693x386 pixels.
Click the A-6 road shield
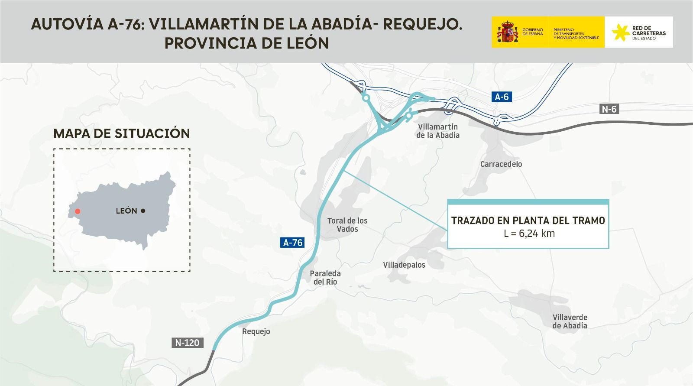pos(502,97)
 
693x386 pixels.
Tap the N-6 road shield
pos(609,109)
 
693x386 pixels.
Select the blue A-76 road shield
pos(293,243)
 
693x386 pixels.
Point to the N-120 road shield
pos(187,343)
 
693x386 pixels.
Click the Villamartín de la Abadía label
pos(438,131)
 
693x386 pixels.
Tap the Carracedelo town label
pos(501,164)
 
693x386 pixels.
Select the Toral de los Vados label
pos(347,224)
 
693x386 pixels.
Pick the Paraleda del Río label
pos(325,277)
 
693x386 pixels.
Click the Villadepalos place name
pos(404,265)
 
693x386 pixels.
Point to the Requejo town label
pos(256,331)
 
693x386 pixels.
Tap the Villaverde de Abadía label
pos(570,321)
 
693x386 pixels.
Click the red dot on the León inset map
pos(78,211)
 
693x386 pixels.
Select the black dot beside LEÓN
pos(143,211)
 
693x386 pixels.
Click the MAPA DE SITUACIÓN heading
pos(122,133)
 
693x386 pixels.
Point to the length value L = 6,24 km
pos(529,234)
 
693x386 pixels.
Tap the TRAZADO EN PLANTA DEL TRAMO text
pos(528,221)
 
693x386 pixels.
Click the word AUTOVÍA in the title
pos(66,24)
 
